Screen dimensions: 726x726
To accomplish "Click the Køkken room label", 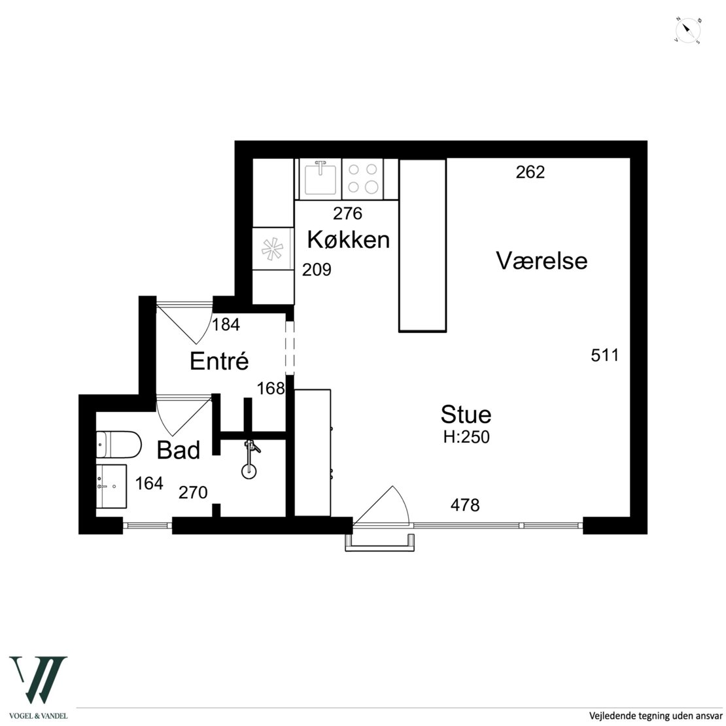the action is point(348,240).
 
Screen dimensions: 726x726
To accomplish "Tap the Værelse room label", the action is point(542,260).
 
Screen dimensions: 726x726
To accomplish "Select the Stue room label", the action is point(466,414).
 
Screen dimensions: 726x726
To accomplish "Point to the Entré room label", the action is point(219,360).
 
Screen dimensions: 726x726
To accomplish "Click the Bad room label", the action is point(179,450).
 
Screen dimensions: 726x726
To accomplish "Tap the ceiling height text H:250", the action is point(466,437).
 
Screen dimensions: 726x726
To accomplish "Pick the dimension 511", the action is point(605,355).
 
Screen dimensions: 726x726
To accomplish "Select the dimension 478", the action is point(465,505).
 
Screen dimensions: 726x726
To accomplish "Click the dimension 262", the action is point(530,172).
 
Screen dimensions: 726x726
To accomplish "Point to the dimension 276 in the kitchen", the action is point(347,213).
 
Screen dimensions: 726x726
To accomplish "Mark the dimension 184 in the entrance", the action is point(226,324).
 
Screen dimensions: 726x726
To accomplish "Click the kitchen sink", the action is point(320,179).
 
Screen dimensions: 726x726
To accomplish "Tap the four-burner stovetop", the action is point(362,179).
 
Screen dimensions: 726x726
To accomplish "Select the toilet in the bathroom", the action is point(118,445).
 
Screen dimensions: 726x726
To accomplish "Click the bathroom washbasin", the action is point(111,486).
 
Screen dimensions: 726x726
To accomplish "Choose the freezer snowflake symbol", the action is point(272,249).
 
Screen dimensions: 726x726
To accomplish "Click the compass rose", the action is point(687,31).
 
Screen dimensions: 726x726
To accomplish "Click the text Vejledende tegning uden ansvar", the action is point(655,716).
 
